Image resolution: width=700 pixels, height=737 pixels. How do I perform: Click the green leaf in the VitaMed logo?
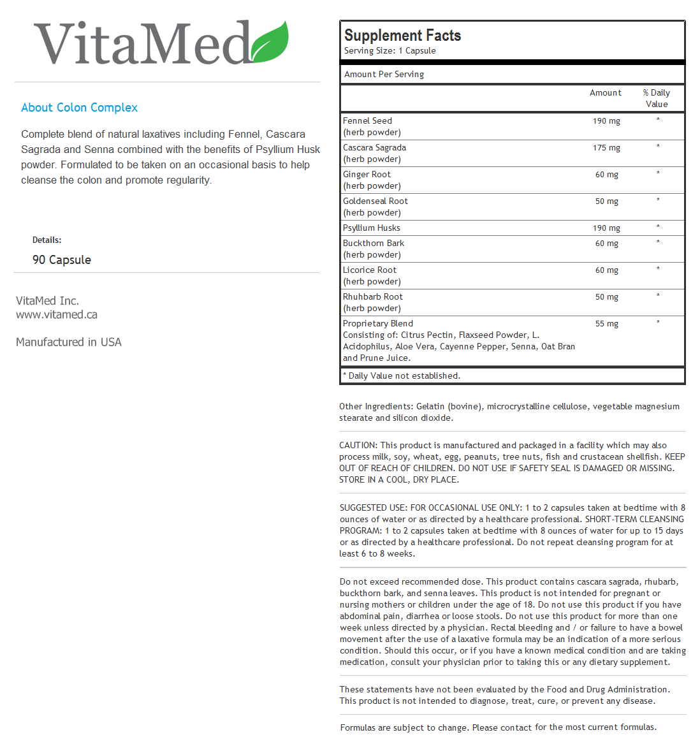[270, 43]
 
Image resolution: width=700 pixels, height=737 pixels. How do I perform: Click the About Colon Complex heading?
[79, 108]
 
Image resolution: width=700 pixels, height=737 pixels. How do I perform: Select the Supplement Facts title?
[402, 36]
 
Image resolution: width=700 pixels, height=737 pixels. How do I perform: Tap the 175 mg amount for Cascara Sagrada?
[606, 148]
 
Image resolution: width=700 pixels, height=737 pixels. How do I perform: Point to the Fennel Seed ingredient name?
[367, 120]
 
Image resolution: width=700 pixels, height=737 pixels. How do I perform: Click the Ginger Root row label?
[367, 174]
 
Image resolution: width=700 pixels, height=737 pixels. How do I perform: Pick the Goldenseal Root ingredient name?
[375, 201]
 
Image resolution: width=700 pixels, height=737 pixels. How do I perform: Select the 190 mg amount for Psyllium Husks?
[606, 228]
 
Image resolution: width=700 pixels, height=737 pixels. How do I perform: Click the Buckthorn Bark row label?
[373, 243]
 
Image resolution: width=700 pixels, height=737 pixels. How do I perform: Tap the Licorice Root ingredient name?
[369, 270]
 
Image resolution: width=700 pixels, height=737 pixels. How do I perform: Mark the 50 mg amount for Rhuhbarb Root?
[606, 297]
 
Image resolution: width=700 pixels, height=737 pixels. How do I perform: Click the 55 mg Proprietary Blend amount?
[606, 324]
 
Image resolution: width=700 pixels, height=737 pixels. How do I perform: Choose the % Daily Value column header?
[657, 98]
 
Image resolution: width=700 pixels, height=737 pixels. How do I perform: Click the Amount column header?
[605, 93]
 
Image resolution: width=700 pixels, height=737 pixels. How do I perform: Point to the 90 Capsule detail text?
[62, 260]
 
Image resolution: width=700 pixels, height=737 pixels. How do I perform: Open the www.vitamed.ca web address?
[57, 314]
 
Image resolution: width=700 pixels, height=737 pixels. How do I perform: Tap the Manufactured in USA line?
[69, 342]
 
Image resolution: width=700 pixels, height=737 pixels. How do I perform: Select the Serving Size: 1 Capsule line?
[390, 51]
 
